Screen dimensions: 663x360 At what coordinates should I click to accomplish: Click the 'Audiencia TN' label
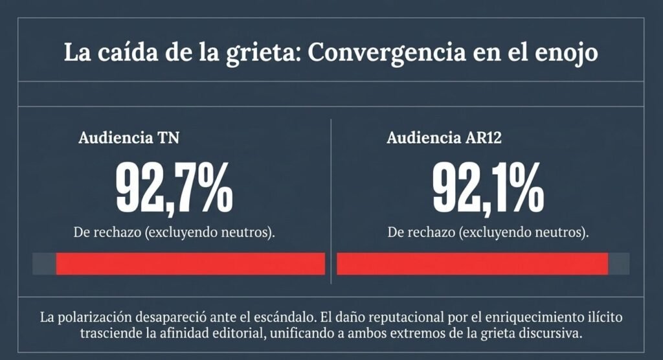[x=129, y=138]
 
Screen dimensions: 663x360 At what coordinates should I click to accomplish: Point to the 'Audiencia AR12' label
[x=444, y=138]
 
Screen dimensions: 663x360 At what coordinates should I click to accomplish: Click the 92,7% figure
[x=174, y=188]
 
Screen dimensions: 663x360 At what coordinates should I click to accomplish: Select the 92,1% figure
[x=488, y=188]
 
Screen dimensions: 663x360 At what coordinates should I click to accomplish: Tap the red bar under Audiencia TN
[x=190, y=264]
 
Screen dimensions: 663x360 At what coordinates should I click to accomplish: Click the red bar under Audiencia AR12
[x=472, y=264]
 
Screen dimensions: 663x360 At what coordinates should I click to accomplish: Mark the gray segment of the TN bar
[x=45, y=264]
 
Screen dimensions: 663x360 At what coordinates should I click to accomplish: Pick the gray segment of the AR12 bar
[x=618, y=264]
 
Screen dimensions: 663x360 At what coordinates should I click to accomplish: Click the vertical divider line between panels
[x=331, y=201]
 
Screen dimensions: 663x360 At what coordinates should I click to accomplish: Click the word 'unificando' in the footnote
[x=302, y=333]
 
